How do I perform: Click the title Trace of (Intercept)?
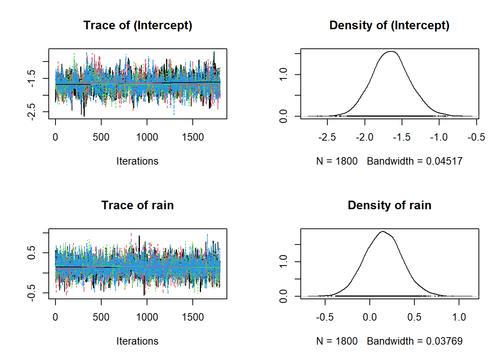pyautogui.click(x=138, y=25)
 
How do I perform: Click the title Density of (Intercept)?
pyautogui.click(x=389, y=25)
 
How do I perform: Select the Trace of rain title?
pyautogui.click(x=138, y=205)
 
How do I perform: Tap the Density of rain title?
pyautogui.click(x=389, y=205)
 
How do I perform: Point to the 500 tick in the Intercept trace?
pyautogui.click(x=101, y=137)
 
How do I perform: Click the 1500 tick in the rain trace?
pyautogui.click(x=193, y=317)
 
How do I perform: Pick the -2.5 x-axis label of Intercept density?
pyautogui.click(x=327, y=137)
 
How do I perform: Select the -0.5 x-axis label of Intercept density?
pyautogui.click(x=476, y=137)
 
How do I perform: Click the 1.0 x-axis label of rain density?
pyautogui.click(x=459, y=317)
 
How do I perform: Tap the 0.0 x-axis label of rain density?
pyautogui.click(x=370, y=317)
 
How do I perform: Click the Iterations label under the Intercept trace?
pyautogui.click(x=137, y=161)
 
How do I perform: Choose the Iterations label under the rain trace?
pyautogui.click(x=137, y=341)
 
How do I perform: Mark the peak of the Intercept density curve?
pyautogui.click(x=391, y=51)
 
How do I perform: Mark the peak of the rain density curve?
pyautogui.click(x=382, y=231)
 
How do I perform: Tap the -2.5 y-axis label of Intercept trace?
pyautogui.click(x=31, y=111)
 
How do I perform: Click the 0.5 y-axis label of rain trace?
pyautogui.click(x=31, y=252)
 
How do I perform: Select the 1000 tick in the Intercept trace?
pyautogui.click(x=147, y=137)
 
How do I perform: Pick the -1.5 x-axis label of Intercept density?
pyautogui.click(x=402, y=137)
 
